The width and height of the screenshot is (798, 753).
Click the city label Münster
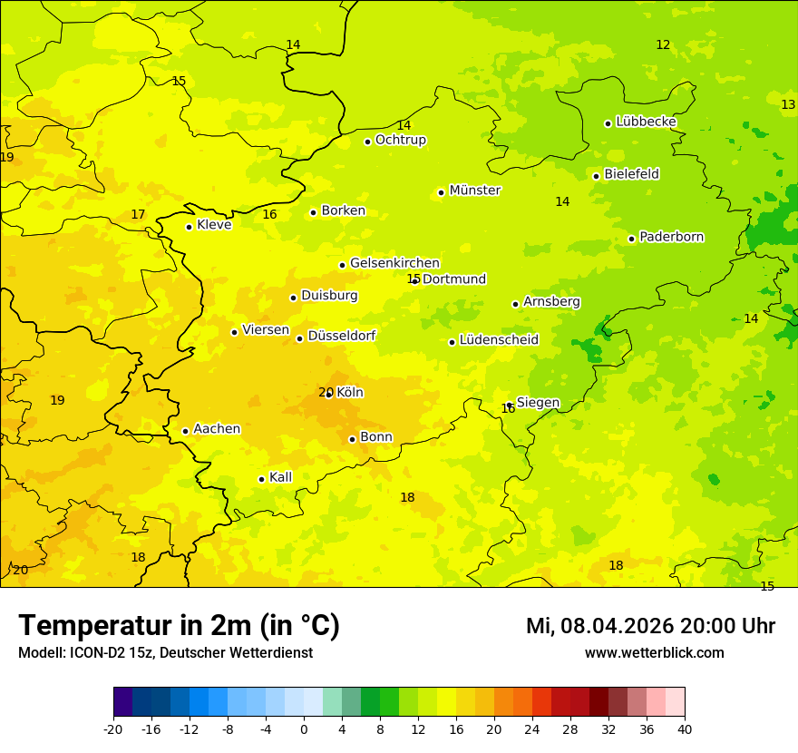[x=475, y=191]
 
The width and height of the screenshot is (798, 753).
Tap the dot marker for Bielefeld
[x=596, y=176]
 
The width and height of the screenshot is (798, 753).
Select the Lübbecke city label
[x=646, y=122]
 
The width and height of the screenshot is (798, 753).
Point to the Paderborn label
[x=671, y=237]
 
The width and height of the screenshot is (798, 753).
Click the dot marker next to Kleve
[x=189, y=227]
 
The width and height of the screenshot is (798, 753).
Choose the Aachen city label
[x=217, y=429]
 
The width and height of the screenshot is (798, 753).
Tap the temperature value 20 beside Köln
[x=325, y=392]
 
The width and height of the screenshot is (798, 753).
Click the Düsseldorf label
[x=342, y=336]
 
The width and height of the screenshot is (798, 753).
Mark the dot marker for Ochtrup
[x=367, y=142]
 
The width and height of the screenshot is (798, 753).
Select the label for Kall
[x=280, y=477]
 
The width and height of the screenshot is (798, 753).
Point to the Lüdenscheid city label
[x=499, y=340]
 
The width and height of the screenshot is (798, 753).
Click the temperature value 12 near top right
[x=663, y=44]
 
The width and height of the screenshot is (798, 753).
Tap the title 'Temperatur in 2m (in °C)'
[x=179, y=625]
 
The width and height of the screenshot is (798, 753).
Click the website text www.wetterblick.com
[x=654, y=652]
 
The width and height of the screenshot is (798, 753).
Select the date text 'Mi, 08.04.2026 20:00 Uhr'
[x=649, y=626]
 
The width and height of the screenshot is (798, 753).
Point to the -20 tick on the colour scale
[x=113, y=729]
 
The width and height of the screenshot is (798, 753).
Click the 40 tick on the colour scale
[x=685, y=729]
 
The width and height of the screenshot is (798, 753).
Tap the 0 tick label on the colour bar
[x=304, y=729]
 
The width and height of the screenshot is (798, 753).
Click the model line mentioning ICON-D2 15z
[x=165, y=652]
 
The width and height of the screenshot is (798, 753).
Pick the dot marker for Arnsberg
[x=515, y=304]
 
